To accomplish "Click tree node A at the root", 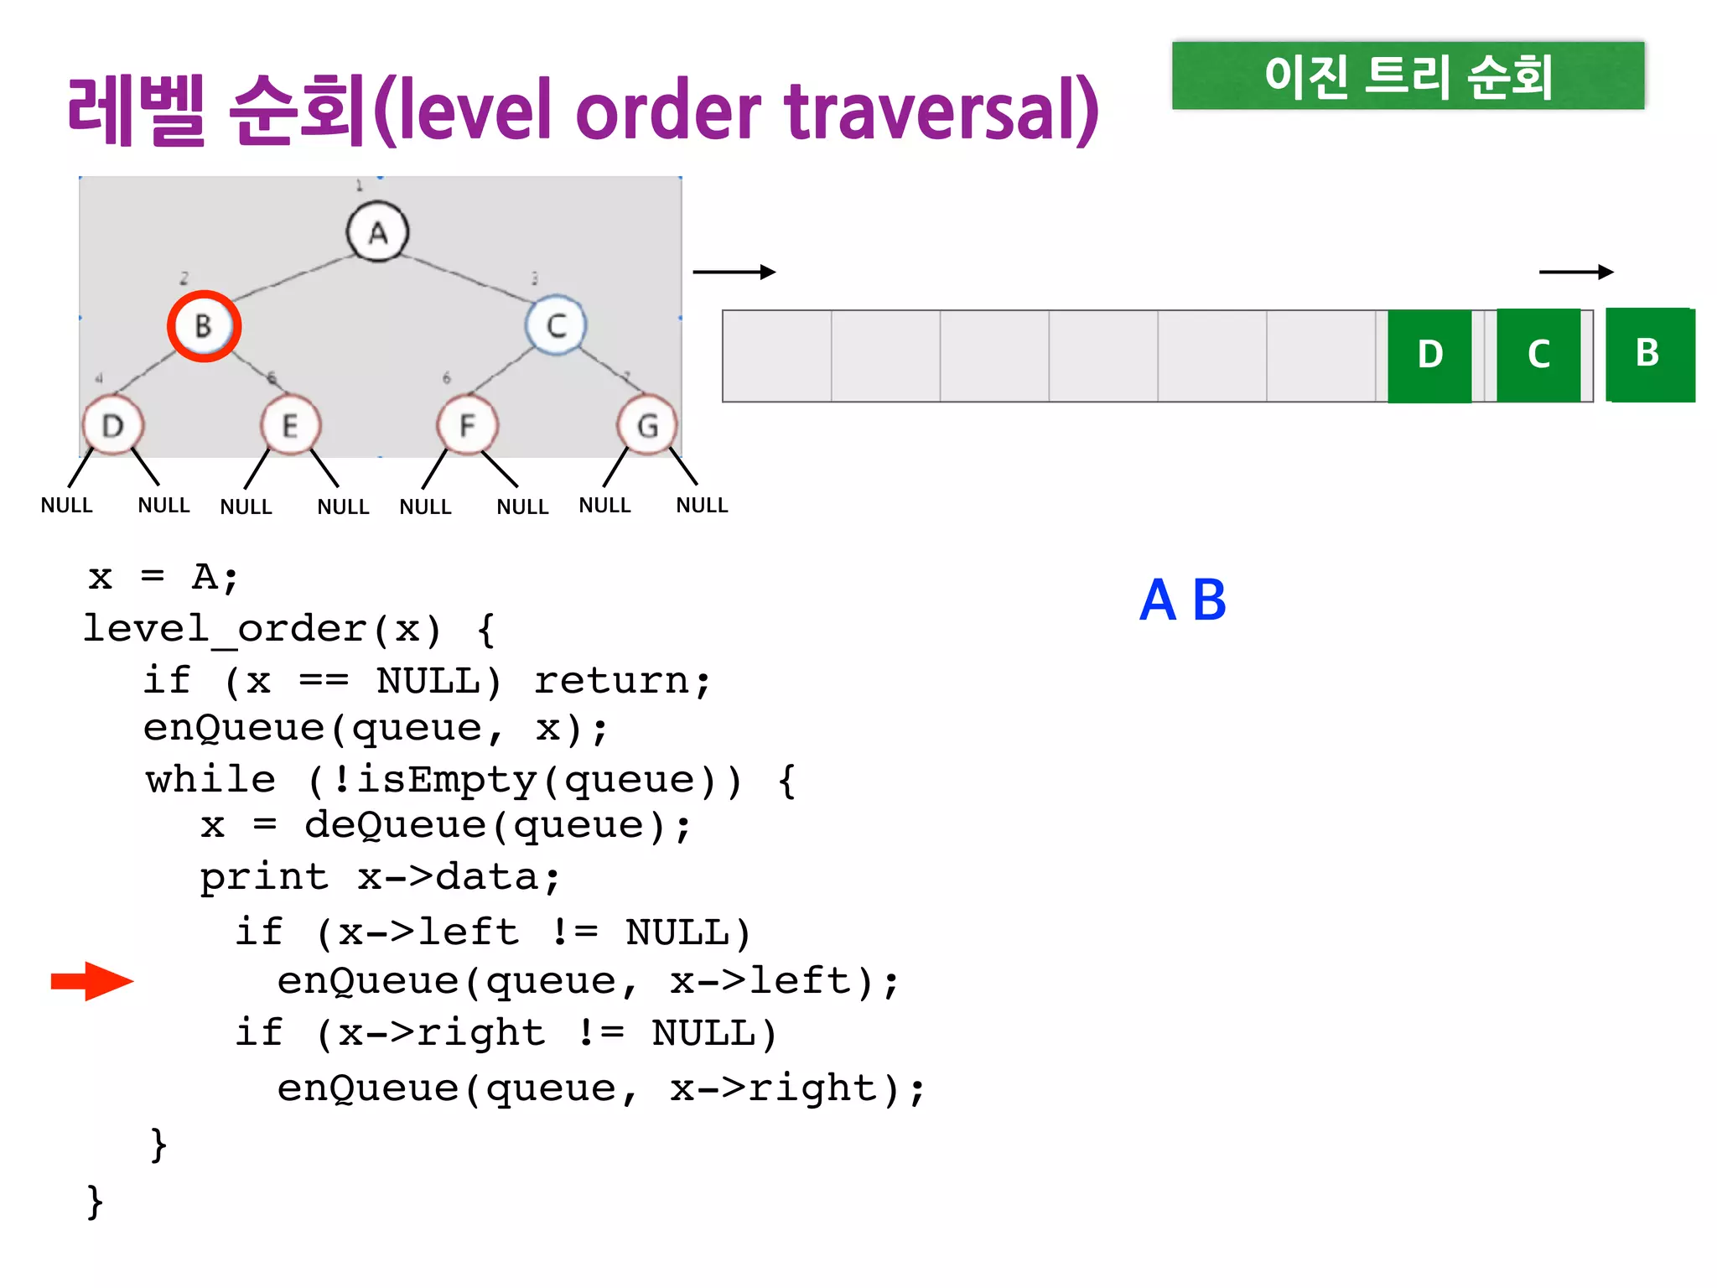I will click(x=377, y=232).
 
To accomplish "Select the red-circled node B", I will click(x=204, y=326).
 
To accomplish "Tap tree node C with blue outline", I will click(x=556, y=325).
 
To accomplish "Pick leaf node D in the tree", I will click(x=113, y=426).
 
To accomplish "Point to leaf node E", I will click(x=290, y=426).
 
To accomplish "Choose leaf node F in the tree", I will click(x=467, y=426).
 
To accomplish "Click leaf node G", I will click(x=646, y=426).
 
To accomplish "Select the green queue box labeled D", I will click(x=1429, y=356).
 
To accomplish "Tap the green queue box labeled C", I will click(x=1538, y=356).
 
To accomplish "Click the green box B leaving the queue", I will click(x=1649, y=354).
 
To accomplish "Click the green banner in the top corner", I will click(x=1408, y=75).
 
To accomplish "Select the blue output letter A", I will click(x=1158, y=600).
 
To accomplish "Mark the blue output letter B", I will click(x=1209, y=600).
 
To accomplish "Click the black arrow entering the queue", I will click(x=734, y=272).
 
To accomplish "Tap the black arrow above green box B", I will click(x=1576, y=272).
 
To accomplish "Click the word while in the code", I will click(x=210, y=780).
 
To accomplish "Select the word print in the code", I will click(x=264, y=878).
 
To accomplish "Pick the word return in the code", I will click(x=622, y=681).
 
